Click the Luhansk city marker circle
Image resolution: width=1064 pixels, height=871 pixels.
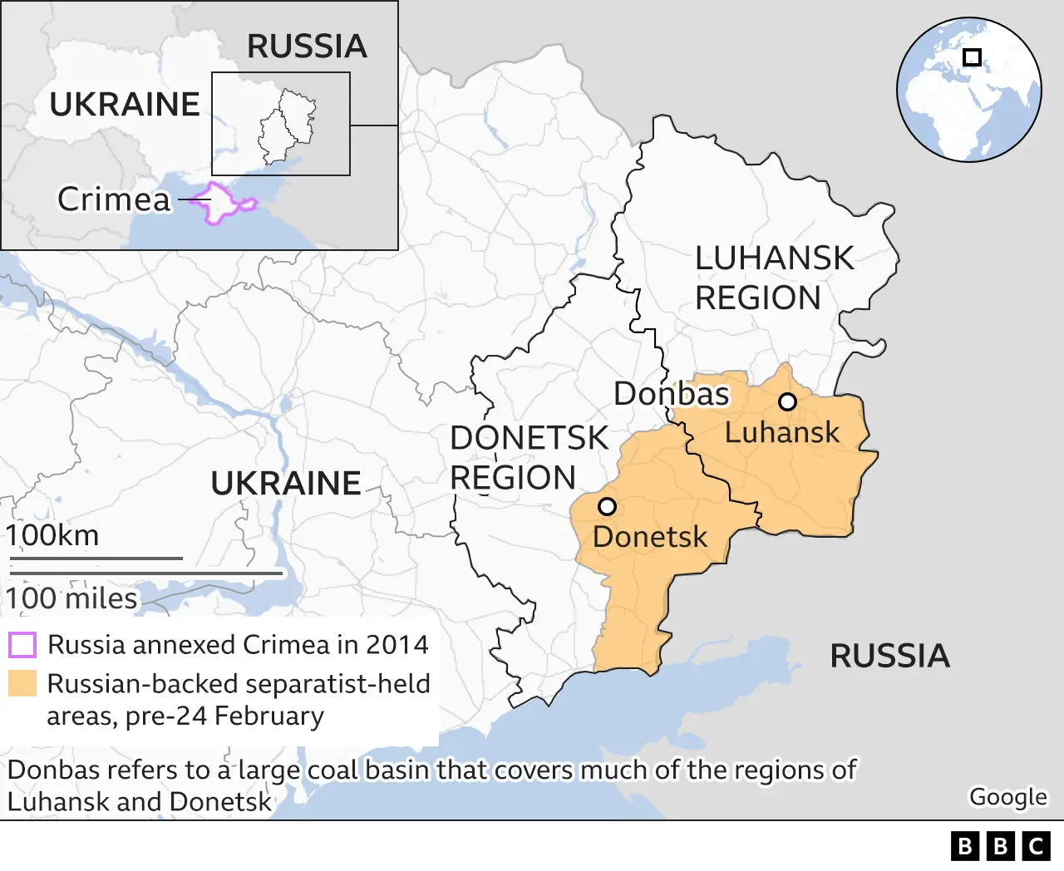(787, 402)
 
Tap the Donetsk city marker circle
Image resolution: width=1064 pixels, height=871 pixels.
(607, 506)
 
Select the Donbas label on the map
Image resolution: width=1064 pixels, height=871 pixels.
(671, 394)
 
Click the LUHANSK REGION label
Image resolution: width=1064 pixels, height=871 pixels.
(773, 278)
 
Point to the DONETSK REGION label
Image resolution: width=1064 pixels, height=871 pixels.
(529, 458)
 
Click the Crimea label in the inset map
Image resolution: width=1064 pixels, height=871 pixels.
(114, 199)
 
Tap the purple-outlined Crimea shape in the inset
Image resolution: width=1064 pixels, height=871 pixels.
(219, 203)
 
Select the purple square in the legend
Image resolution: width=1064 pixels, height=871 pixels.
(22, 645)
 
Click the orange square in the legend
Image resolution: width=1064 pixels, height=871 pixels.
(22, 683)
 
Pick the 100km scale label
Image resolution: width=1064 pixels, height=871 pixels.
(52, 535)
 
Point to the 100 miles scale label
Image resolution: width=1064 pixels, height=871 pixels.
(71, 598)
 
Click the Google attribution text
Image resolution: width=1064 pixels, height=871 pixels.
(1007, 796)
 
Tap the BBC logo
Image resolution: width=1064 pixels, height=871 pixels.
(1000, 846)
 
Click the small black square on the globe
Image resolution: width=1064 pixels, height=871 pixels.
(972, 57)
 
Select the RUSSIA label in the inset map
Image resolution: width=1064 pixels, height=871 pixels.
(307, 47)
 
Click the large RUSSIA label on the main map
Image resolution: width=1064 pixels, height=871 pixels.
(889, 657)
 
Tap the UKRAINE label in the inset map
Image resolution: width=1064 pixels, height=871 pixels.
(125, 105)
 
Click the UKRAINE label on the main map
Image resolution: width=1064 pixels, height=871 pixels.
(286, 484)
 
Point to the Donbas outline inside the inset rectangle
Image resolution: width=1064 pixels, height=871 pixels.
(288, 127)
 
